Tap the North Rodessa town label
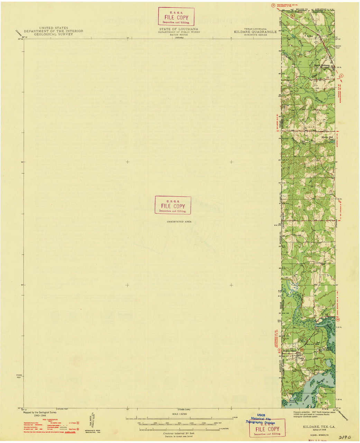click(322, 65)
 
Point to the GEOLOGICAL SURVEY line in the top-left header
click(54, 34)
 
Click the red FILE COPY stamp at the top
click(176, 16)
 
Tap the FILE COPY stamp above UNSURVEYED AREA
click(173, 205)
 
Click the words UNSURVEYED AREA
click(179, 221)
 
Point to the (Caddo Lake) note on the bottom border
click(184, 409)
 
